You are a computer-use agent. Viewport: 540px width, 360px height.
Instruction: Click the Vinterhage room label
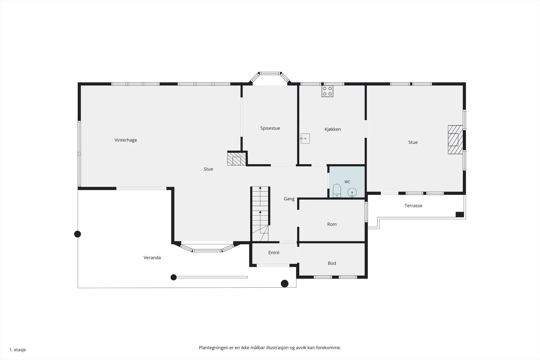click(x=126, y=140)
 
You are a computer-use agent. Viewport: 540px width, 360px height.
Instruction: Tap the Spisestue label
click(x=270, y=128)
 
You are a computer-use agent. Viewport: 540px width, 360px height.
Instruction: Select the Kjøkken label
click(x=333, y=129)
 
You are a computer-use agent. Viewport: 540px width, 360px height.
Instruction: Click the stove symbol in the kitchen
click(x=327, y=91)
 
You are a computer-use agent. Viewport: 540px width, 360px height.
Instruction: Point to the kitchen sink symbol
click(x=305, y=139)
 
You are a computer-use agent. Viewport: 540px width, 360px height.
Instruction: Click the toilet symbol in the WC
click(x=337, y=191)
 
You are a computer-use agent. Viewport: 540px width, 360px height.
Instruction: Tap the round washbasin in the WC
click(x=352, y=193)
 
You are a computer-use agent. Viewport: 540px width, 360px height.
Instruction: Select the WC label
click(x=347, y=182)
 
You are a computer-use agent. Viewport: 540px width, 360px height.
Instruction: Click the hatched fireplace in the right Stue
click(x=455, y=140)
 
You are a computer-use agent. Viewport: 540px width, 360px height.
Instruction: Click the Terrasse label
click(x=413, y=205)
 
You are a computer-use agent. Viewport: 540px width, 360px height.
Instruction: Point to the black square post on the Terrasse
click(x=460, y=215)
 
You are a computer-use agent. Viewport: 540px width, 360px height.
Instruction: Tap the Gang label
click(x=289, y=199)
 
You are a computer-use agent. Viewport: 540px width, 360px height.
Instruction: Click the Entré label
click(x=274, y=252)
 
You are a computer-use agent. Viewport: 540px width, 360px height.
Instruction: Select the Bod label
click(x=332, y=263)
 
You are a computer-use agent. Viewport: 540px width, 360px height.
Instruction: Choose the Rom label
click(x=332, y=224)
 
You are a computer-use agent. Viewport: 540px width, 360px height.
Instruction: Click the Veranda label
click(x=152, y=257)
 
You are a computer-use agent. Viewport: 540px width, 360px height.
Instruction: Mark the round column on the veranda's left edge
click(x=77, y=234)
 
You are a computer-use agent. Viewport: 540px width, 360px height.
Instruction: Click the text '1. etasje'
click(x=18, y=350)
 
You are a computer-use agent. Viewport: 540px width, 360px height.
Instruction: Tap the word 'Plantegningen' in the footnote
click(x=214, y=348)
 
